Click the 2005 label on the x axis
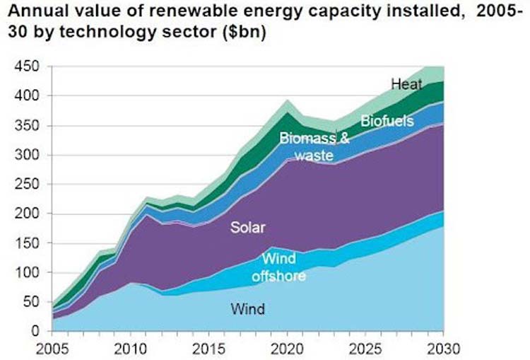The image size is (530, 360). coord(53,349)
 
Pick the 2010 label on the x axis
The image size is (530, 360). coord(131,349)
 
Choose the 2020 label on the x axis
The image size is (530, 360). coord(288,349)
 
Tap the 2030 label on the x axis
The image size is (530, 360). coord(444,349)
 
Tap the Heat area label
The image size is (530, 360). coord(406,85)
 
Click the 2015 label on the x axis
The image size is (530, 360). coord(210,349)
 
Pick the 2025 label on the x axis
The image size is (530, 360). coord(366,349)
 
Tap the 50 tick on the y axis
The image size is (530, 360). coord(31,302)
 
